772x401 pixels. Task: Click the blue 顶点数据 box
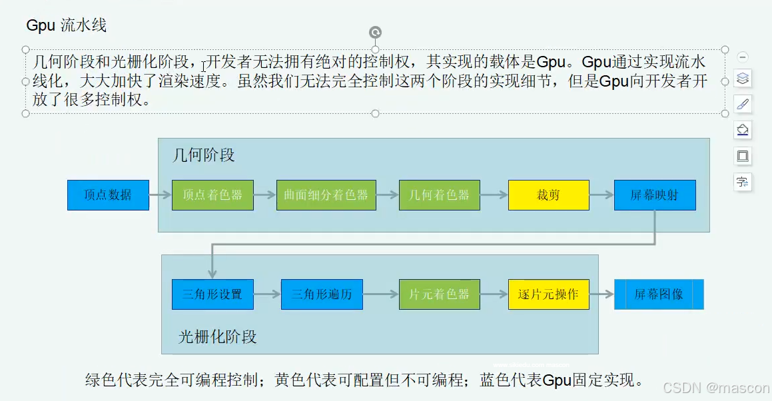click(108, 195)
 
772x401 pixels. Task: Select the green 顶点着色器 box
click(212, 195)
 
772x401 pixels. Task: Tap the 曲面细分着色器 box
click(326, 195)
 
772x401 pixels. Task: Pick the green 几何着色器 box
click(439, 195)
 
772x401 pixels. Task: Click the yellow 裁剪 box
click(548, 195)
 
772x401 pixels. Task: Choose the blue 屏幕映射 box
click(655, 195)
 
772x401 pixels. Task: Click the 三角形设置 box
click(212, 294)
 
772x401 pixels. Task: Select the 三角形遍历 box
click(322, 294)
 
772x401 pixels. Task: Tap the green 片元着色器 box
click(439, 294)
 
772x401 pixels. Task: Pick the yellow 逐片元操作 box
click(548, 294)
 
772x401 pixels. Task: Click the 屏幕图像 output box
click(658, 294)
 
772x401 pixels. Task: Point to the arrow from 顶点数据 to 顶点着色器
click(160, 195)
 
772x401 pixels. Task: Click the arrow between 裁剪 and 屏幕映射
click(601, 195)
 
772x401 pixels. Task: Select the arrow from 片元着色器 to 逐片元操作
click(494, 294)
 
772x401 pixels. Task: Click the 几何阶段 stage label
click(204, 156)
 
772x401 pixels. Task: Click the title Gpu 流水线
click(67, 26)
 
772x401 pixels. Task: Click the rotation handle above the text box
click(375, 33)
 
